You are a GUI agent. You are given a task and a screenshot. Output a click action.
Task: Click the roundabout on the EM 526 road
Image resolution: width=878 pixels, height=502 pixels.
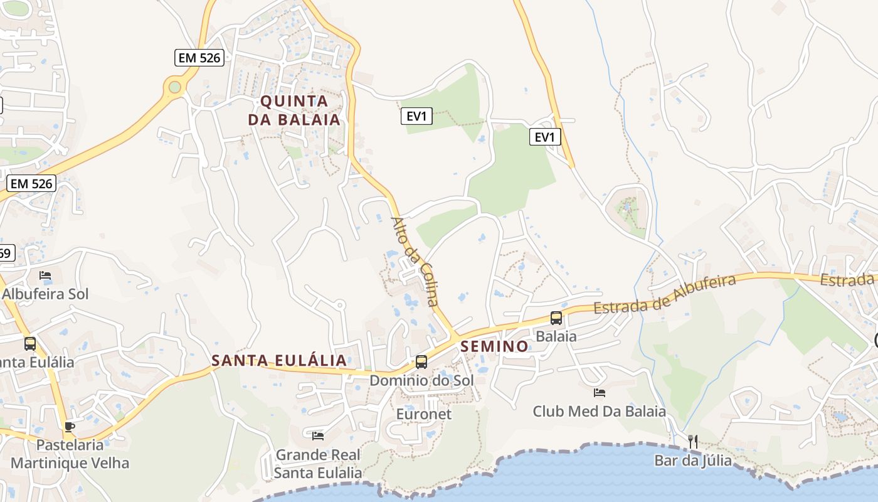click(175, 87)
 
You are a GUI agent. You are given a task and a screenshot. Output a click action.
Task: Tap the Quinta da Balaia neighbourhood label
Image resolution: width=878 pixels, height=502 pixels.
click(294, 110)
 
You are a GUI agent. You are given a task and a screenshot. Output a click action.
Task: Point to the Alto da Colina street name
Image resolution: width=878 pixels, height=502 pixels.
click(415, 261)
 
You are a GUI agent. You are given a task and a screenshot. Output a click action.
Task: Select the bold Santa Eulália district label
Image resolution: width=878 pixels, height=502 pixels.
click(279, 360)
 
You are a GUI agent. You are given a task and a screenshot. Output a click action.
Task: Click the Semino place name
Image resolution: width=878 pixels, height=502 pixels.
click(495, 346)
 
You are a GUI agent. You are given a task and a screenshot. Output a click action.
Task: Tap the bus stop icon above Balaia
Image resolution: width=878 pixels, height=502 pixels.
click(556, 318)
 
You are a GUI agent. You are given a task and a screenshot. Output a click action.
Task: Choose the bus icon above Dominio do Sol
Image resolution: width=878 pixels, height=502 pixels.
click(421, 362)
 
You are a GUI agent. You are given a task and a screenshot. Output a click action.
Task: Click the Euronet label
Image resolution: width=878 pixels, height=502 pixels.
click(424, 414)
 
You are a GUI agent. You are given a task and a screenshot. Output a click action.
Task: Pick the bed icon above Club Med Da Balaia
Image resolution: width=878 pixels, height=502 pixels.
click(600, 393)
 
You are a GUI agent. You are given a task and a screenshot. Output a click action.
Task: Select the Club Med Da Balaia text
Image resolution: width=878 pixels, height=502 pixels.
click(599, 412)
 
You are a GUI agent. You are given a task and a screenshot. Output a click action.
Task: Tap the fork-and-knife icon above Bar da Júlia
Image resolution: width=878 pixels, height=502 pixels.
click(693, 442)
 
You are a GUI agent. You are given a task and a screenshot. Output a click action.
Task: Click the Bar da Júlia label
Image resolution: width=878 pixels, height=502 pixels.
click(693, 461)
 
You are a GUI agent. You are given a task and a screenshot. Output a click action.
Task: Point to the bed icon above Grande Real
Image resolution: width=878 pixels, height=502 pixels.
click(318, 435)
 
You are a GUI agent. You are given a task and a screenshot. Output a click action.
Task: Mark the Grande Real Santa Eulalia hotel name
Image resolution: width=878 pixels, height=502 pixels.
click(319, 464)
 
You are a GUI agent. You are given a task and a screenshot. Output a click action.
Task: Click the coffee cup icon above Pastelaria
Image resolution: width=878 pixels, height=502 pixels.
click(70, 427)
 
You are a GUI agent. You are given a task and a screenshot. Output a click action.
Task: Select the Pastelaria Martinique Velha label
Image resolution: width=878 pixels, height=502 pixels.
click(70, 454)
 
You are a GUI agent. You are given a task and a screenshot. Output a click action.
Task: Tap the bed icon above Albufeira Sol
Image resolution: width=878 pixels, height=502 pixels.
click(45, 275)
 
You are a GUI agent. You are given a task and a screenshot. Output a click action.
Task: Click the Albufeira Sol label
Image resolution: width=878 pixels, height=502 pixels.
click(45, 294)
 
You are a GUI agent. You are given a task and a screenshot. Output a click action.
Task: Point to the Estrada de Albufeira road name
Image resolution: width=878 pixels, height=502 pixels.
click(665, 294)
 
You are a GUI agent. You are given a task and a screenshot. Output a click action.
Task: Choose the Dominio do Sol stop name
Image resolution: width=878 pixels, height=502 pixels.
click(421, 380)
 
